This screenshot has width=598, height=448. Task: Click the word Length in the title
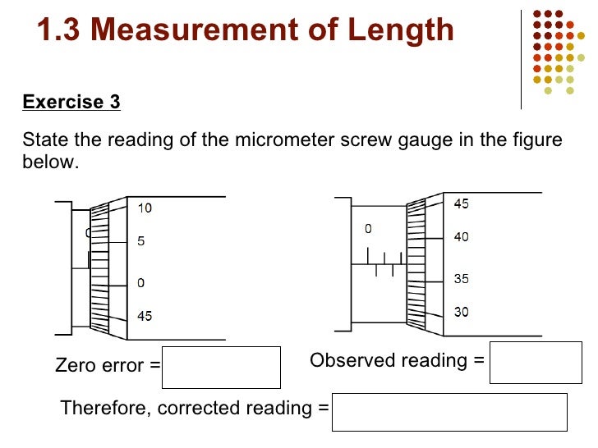click(x=398, y=30)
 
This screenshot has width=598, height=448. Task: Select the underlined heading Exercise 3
click(x=71, y=102)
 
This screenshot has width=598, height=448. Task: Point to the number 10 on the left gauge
click(x=144, y=208)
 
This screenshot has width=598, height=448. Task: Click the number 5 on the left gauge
click(x=141, y=243)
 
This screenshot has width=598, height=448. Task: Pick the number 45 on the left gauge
click(x=144, y=316)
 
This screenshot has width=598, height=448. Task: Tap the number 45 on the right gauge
click(x=462, y=203)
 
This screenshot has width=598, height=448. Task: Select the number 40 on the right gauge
click(x=462, y=237)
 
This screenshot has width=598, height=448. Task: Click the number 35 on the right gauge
click(x=462, y=279)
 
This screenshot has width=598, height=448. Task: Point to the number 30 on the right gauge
click(x=462, y=313)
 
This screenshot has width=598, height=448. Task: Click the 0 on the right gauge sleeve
click(x=368, y=229)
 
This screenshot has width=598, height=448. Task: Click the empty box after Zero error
click(x=222, y=367)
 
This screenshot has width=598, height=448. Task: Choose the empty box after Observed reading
click(x=530, y=362)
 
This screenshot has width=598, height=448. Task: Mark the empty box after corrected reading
click(x=449, y=411)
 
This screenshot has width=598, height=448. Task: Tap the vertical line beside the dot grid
click(x=522, y=57)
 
